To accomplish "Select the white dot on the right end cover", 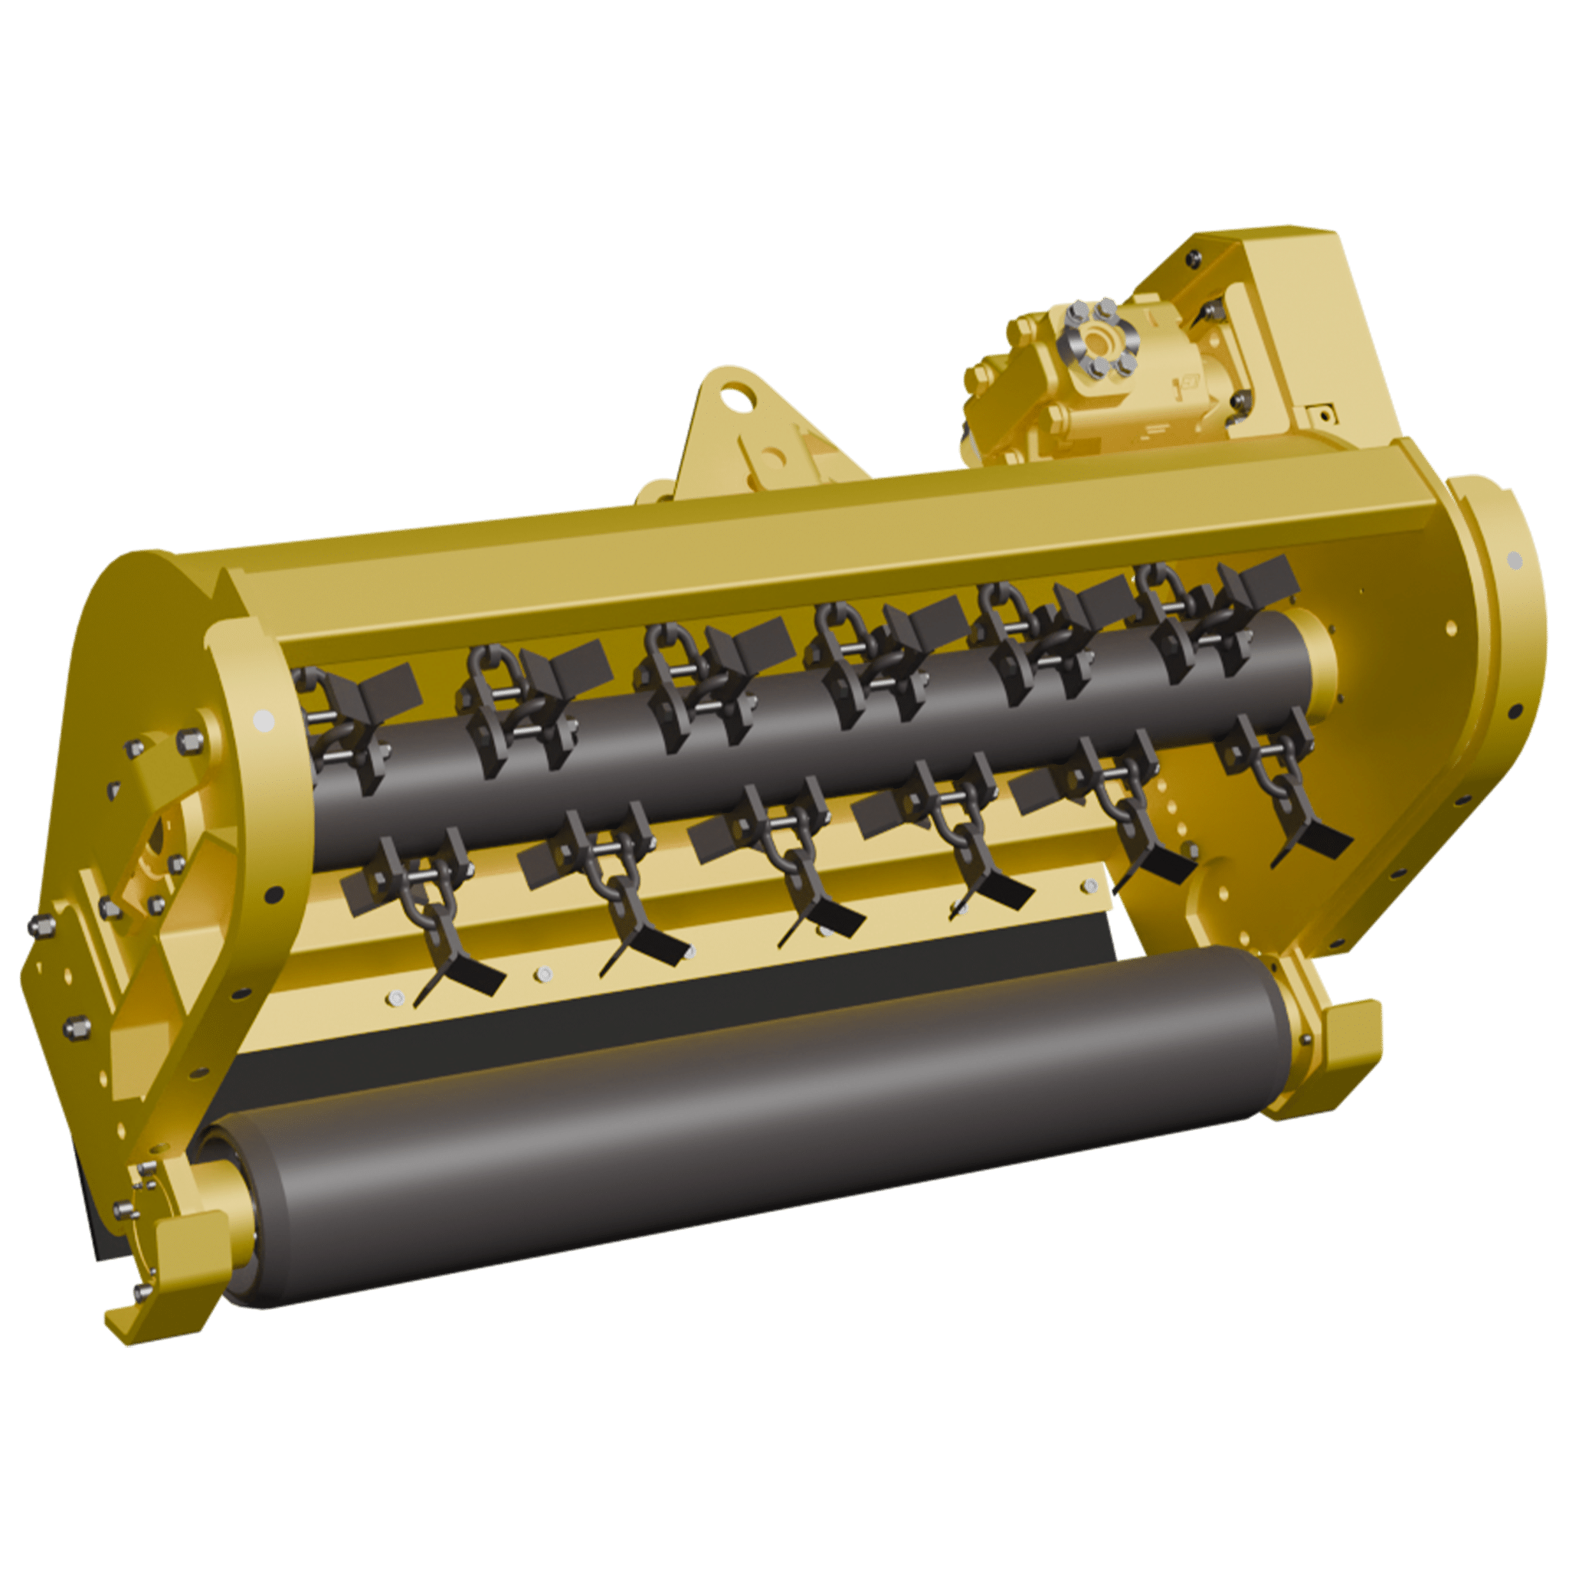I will pyautogui.click(x=1515, y=558).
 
